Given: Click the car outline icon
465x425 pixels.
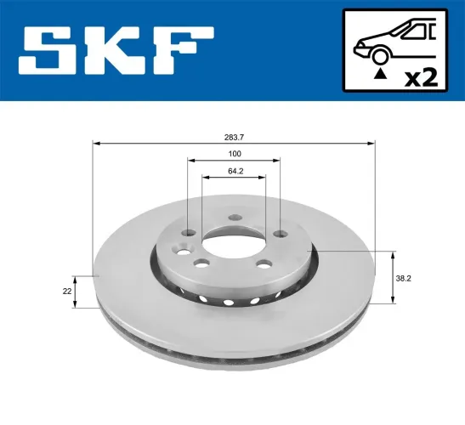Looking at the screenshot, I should click(x=394, y=42).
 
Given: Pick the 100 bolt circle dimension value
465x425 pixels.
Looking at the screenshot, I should click(x=235, y=154).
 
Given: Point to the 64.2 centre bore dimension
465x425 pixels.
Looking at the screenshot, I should click(x=235, y=172).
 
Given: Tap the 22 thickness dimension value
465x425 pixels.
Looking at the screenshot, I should click(x=66, y=292).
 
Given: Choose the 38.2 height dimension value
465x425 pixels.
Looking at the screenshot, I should click(x=407, y=277).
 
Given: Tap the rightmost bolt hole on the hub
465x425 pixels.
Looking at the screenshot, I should click(x=280, y=235).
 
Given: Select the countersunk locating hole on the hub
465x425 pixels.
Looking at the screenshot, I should click(x=179, y=250).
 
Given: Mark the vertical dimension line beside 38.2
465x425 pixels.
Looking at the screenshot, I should click(x=391, y=277).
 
